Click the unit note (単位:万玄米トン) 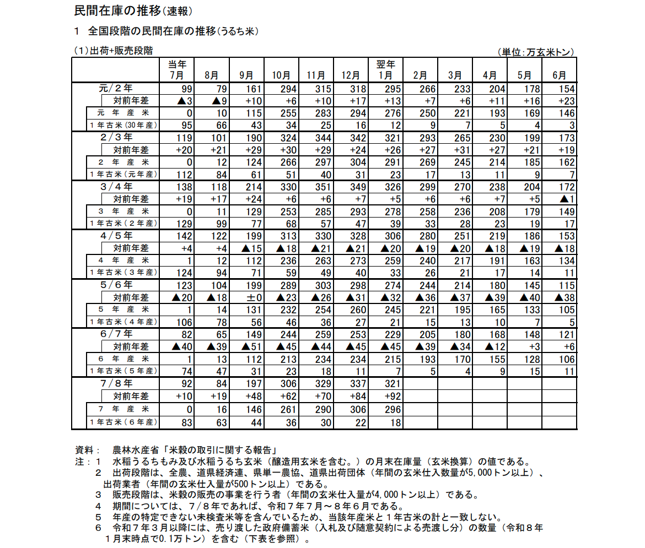coord(536,52)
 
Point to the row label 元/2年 coord(116,88)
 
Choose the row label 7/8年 coord(116,383)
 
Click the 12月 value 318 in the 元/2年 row coord(351,89)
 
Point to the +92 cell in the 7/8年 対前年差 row coord(386,396)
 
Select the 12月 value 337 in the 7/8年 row coord(351,384)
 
